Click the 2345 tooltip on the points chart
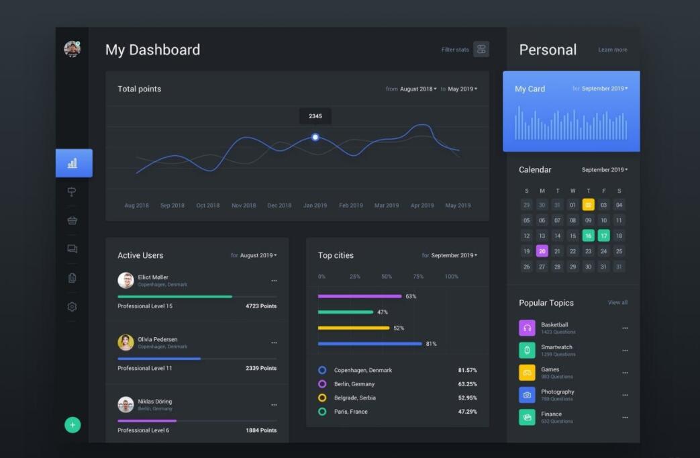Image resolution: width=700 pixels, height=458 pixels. [x=315, y=116]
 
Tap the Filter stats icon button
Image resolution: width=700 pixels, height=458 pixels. [x=481, y=49]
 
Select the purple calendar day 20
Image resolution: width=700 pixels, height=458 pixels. [x=542, y=251]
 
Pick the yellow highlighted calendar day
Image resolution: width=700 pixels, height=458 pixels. [x=588, y=205]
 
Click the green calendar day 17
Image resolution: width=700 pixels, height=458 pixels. [x=603, y=236]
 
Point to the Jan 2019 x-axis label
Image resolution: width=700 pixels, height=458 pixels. [x=315, y=205]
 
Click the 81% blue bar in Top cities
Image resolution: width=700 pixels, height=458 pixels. [x=370, y=344]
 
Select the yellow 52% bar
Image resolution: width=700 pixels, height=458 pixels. [x=354, y=328]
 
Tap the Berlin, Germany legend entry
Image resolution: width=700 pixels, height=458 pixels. [x=354, y=384]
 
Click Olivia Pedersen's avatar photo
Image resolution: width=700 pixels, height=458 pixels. [x=126, y=342]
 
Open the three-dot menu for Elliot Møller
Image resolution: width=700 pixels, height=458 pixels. [x=274, y=281]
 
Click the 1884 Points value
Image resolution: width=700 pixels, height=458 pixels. [x=261, y=430]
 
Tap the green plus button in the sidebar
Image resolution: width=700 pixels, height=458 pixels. [x=72, y=424]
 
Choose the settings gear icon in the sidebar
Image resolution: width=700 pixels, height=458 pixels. [x=72, y=307]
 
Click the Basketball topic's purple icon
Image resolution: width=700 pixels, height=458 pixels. [x=527, y=328]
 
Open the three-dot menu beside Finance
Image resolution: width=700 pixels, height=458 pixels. [x=625, y=417]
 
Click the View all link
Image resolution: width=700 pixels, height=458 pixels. [x=617, y=303]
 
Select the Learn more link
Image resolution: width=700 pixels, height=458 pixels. [x=612, y=50]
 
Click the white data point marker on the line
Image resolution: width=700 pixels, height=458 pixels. [x=315, y=137]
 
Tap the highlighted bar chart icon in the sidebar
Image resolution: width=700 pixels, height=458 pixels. [x=73, y=163]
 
